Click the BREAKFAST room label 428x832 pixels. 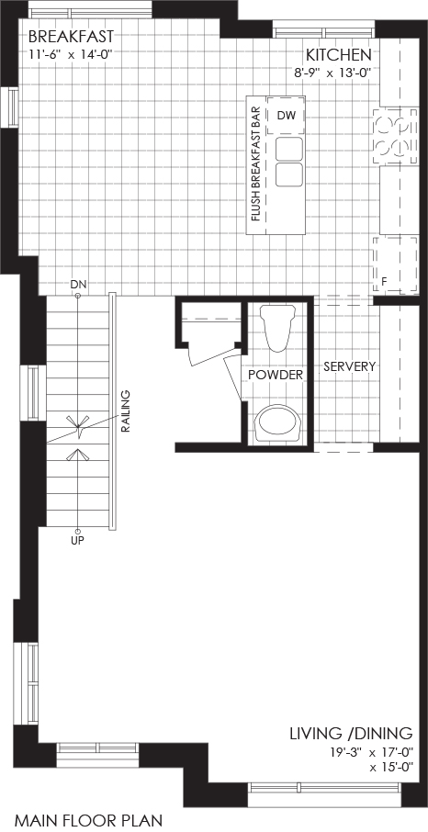[x=71, y=37]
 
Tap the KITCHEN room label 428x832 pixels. [x=338, y=55]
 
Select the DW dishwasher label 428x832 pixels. [x=285, y=116]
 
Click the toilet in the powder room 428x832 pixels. [x=277, y=328]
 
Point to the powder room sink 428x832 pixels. [x=277, y=423]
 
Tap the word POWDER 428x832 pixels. [x=276, y=376]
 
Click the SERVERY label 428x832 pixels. [x=350, y=366]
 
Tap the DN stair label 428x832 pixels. [x=77, y=285]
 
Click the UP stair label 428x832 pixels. [x=77, y=541]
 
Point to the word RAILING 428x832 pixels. [x=126, y=411]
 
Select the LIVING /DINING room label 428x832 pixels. [x=351, y=734]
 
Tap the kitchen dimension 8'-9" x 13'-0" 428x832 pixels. [x=333, y=73]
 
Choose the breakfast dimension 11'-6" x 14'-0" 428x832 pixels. [x=71, y=53]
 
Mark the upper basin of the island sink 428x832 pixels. [x=289, y=149]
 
